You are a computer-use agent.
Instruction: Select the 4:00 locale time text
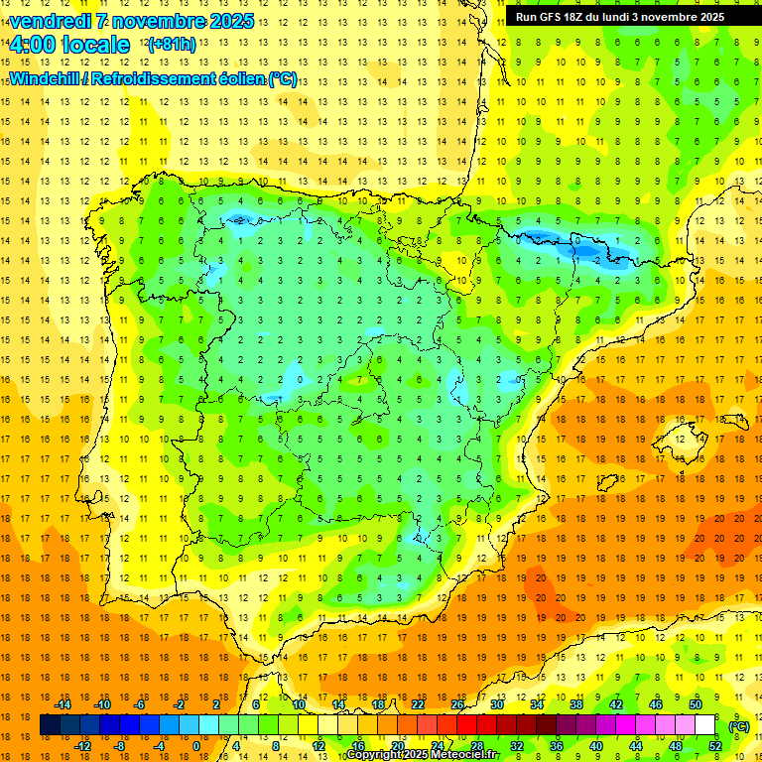coord(69,45)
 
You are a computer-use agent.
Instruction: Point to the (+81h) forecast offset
coord(171,45)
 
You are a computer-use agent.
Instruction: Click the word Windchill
coord(43,78)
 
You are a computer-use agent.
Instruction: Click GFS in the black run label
coord(554,17)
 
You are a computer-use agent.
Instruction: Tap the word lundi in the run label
coord(629,17)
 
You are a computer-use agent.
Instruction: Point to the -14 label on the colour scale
coord(62,704)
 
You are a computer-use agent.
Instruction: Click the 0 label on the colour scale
coord(195,746)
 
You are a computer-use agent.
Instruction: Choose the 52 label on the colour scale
coord(714,746)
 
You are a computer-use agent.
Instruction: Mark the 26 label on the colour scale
coord(457,704)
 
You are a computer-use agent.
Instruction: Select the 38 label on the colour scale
coord(576,704)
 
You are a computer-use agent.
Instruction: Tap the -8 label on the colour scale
coord(119,746)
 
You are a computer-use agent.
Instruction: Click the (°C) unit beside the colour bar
coord(738,726)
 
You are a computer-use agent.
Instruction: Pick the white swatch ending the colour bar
coord(704,725)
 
